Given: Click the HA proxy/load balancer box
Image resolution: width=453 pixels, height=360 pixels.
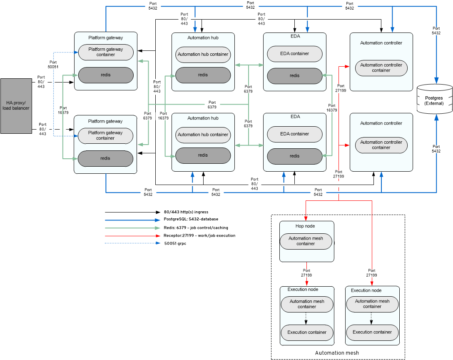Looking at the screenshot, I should pos(16,105).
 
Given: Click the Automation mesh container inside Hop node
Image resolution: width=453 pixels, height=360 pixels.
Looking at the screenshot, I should pos(306,241).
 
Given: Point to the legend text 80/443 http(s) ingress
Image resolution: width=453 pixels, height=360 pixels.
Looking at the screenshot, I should pos(186,212).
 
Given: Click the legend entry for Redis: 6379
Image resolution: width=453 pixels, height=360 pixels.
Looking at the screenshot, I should pos(196,227).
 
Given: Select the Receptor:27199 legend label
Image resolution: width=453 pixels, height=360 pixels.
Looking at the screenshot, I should pos(199,235).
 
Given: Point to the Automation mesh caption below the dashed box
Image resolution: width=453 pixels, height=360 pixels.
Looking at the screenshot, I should pos(337,353).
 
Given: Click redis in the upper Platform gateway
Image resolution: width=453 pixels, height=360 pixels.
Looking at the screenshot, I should pos(105,75).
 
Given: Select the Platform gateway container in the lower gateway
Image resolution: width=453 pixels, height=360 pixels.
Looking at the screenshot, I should pos(105,135).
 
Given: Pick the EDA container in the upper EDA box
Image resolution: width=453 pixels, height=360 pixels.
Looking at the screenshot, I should pos(294,54).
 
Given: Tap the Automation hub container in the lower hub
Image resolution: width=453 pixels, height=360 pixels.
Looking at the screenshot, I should pos(203,135).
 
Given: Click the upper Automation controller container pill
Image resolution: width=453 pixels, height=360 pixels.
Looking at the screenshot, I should pos(381,67).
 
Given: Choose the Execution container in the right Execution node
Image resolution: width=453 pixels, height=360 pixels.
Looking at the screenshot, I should pos(372,332).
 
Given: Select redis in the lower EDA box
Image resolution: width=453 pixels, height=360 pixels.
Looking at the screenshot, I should pos(294,156).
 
